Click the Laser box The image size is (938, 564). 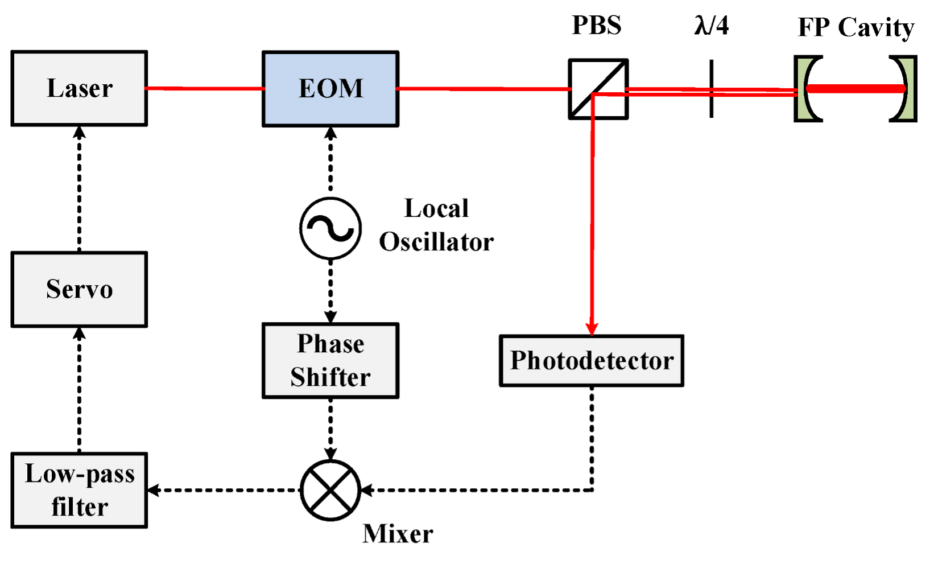[x=79, y=88]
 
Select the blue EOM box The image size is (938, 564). [x=330, y=88]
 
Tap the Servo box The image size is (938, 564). [x=79, y=289]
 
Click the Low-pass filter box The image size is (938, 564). [x=79, y=490]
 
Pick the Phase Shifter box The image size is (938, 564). [x=330, y=360]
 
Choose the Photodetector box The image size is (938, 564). [x=592, y=361]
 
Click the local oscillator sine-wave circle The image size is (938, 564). [x=330, y=228]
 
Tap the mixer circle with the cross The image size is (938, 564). [x=330, y=490]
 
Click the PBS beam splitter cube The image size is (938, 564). [x=598, y=89]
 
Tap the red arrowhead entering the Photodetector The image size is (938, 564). [x=592, y=329]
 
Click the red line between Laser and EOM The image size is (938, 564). [x=205, y=88]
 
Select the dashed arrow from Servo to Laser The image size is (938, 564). [x=79, y=188]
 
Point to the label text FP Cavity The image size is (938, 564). [x=856, y=27]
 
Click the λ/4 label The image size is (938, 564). [x=712, y=26]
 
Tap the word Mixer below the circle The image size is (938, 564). [x=398, y=534]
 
